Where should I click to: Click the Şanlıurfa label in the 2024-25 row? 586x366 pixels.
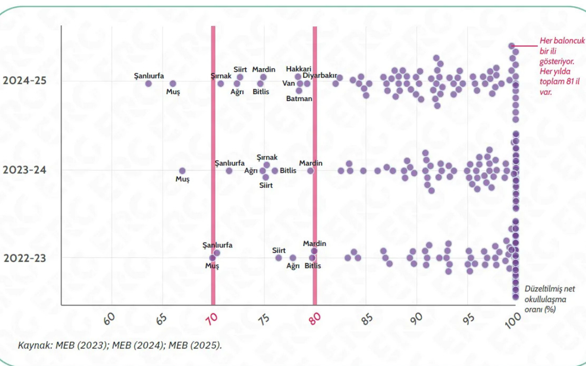(x=149, y=76)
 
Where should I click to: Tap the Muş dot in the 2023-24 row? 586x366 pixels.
(x=182, y=171)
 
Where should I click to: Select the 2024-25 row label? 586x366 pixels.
(x=24, y=81)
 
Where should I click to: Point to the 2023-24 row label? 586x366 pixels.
(x=24, y=170)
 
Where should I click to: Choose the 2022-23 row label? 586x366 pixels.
(x=24, y=258)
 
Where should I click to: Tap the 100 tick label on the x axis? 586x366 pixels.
(x=513, y=320)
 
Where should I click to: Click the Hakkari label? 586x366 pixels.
(x=299, y=69)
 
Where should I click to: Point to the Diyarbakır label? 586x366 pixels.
(x=320, y=76)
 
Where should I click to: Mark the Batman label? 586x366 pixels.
(x=299, y=99)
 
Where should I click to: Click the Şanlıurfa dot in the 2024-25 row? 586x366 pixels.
(x=148, y=83)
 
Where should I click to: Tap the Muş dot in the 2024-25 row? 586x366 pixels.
(x=173, y=83)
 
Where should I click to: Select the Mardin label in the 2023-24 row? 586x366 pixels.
(x=311, y=163)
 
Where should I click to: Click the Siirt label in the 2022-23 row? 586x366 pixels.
(x=279, y=250)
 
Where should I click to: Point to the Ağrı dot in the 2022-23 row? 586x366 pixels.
(x=293, y=258)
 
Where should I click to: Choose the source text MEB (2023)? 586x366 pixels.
(x=86, y=345)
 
